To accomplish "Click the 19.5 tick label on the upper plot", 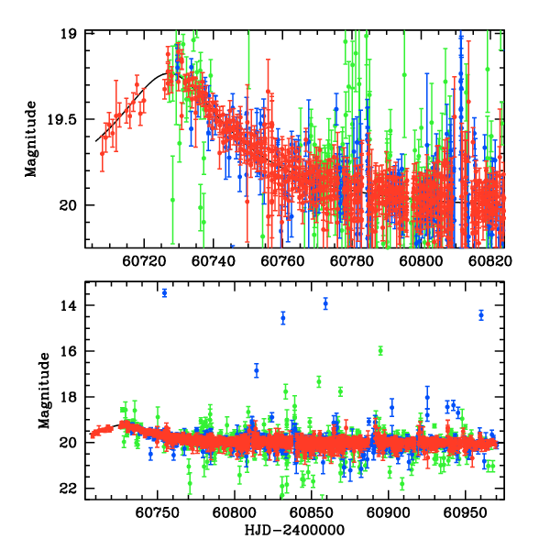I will (x=68, y=119).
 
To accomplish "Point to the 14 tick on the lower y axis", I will (x=75, y=305).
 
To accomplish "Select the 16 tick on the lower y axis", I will (x=75, y=351).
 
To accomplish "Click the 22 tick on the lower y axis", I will (x=75, y=489).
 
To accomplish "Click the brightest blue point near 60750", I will (x=164, y=292).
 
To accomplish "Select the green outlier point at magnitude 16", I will (x=380, y=350).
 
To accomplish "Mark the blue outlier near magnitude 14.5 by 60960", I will (x=481, y=314).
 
